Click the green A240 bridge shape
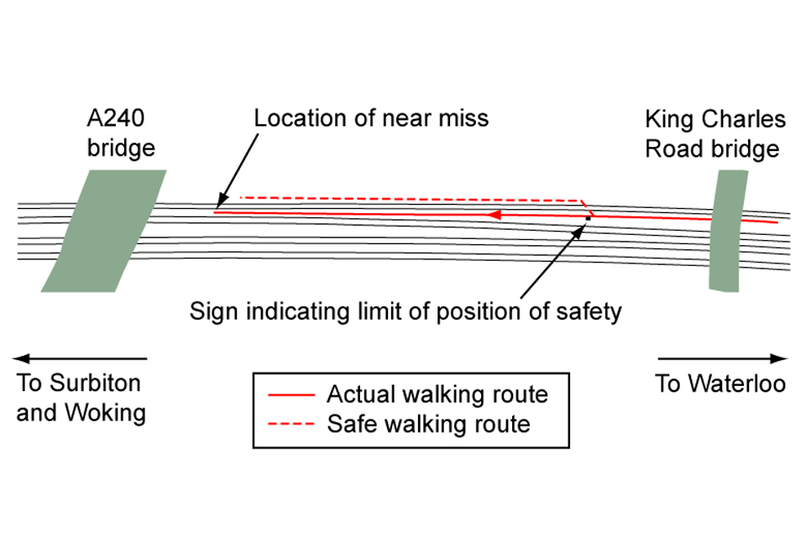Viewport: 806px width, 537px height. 103,231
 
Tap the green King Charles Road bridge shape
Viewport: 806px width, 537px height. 727,231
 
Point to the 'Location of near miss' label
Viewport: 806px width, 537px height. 371,117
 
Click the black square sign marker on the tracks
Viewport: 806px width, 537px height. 588,218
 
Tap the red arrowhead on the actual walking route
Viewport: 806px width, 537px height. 496,215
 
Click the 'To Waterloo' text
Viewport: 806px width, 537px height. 720,384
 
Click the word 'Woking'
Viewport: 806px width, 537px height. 108,413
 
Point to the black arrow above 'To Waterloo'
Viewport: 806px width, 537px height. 723,358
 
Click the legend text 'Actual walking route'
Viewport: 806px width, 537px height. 437,394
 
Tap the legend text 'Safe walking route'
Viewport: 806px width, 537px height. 428,424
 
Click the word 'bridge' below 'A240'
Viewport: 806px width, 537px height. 122,149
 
